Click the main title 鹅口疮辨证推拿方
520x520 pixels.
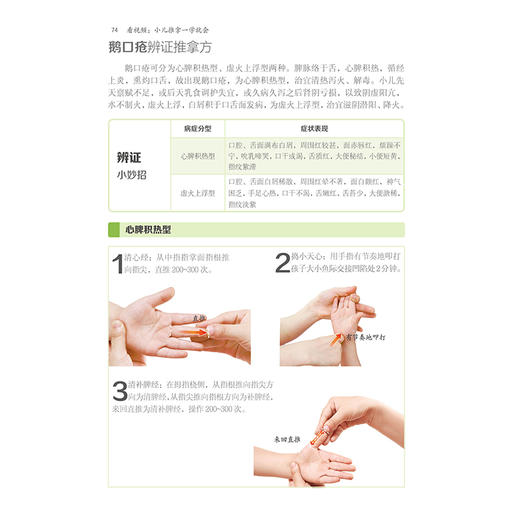(162, 49)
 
